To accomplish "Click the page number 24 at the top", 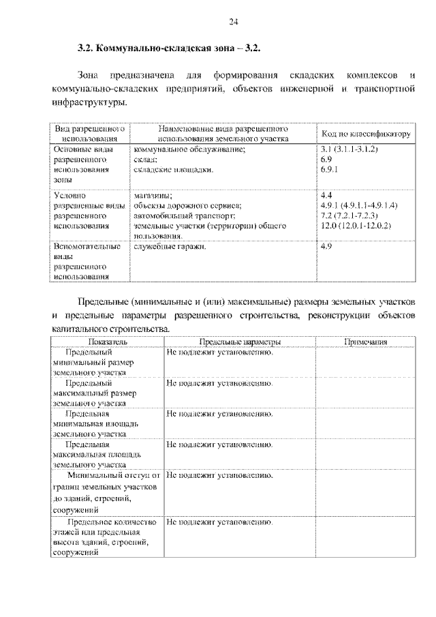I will (233, 22).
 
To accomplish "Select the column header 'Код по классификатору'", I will (365, 134).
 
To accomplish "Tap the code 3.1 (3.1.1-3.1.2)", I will (349, 149).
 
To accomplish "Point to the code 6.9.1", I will (328, 169).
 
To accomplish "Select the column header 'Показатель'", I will (106, 342).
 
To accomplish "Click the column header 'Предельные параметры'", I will (239, 342).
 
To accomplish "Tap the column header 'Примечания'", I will (365, 342).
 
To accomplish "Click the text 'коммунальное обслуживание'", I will (189, 149).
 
